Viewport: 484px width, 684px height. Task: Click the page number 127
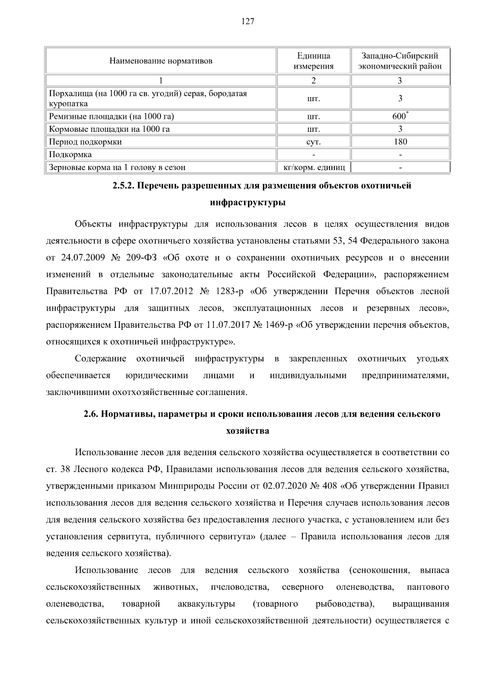(248, 22)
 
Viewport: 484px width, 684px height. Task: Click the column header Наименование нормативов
(161, 61)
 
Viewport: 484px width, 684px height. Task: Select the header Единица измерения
(313, 61)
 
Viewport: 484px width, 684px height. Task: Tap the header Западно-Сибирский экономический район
(400, 61)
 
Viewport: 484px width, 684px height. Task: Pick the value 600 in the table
(399, 116)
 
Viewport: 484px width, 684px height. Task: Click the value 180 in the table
(400, 141)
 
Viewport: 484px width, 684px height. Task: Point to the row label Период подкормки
(85, 142)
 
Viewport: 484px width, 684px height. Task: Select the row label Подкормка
(70, 155)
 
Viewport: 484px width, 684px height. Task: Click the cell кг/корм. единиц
(314, 167)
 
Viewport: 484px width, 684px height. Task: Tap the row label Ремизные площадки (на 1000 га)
(111, 117)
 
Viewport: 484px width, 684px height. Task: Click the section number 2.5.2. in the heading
(124, 186)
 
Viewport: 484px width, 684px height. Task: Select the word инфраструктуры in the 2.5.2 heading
(248, 202)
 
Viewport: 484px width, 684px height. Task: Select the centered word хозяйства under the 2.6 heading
(248, 431)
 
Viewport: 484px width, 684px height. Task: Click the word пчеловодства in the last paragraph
(240, 587)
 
